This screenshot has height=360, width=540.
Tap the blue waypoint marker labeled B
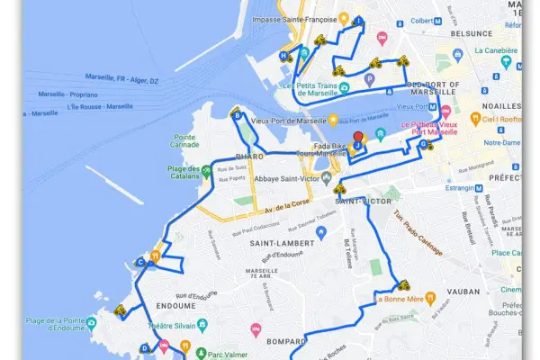237,115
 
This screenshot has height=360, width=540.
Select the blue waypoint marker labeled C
141,263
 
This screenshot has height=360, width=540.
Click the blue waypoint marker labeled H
283,56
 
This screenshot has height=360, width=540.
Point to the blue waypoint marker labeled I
360,21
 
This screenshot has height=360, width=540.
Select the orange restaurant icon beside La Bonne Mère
431,297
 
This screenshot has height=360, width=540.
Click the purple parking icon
368,79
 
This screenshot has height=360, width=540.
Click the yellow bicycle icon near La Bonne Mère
402,283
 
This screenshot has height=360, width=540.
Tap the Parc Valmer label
227,353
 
